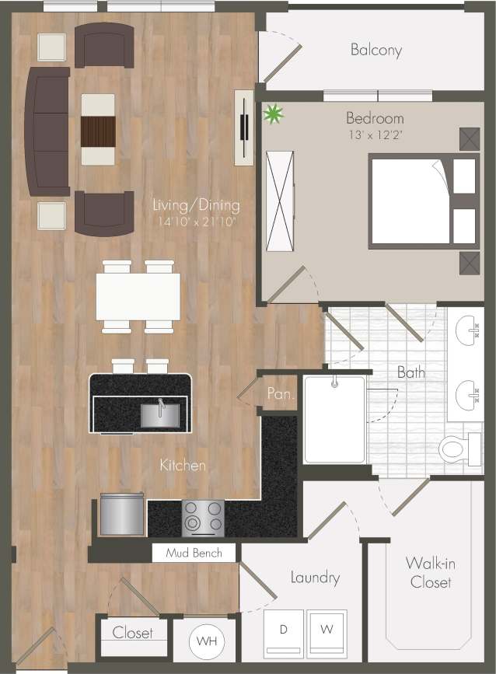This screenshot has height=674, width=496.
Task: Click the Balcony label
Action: coord(376,51)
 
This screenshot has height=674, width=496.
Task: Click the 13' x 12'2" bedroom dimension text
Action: coord(375,134)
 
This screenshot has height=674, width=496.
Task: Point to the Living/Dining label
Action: coord(196,206)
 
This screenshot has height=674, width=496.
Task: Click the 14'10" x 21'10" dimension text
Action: coord(195,222)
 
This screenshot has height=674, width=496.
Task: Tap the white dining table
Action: coord(138,296)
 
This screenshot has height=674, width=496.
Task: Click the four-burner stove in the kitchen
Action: coord(203,517)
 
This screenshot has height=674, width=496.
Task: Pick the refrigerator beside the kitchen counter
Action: coord(122,515)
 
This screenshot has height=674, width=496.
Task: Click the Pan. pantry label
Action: coord(279,394)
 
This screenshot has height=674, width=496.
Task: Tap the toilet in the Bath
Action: coord(459,449)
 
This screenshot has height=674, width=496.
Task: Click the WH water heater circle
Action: coord(207,642)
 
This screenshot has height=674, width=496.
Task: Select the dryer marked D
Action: coord(284,630)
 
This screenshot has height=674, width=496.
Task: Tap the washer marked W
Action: coord(328,630)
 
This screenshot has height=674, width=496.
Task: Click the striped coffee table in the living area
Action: coord(99,129)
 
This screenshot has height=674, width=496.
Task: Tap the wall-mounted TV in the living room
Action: coord(244,127)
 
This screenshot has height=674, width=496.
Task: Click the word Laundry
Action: coord(315,578)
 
